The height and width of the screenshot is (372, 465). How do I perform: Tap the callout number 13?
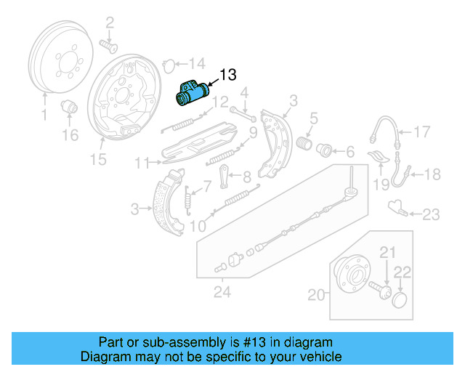(227, 75)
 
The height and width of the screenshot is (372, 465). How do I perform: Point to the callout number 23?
(431, 214)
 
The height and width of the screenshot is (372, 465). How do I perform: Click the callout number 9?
(252, 132)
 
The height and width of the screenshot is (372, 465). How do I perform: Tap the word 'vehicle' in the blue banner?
(316, 357)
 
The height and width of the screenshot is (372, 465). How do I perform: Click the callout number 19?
(381, 185)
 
